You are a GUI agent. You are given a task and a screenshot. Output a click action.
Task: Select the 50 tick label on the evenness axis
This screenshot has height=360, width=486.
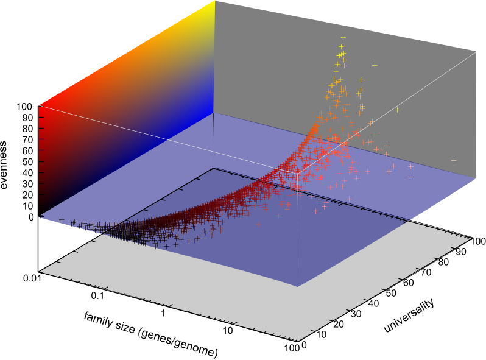27,161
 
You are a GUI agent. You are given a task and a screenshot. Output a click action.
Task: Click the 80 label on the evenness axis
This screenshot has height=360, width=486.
27,129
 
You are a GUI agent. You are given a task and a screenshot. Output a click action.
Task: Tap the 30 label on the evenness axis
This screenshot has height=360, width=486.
27,183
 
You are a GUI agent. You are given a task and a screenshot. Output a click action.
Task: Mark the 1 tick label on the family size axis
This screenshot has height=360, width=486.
163,313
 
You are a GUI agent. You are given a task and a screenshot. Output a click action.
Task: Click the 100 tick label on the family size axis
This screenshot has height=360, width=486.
292,348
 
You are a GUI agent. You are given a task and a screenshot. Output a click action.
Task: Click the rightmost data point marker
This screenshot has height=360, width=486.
454,160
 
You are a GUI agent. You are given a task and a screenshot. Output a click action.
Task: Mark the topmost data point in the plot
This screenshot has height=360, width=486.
343,37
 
